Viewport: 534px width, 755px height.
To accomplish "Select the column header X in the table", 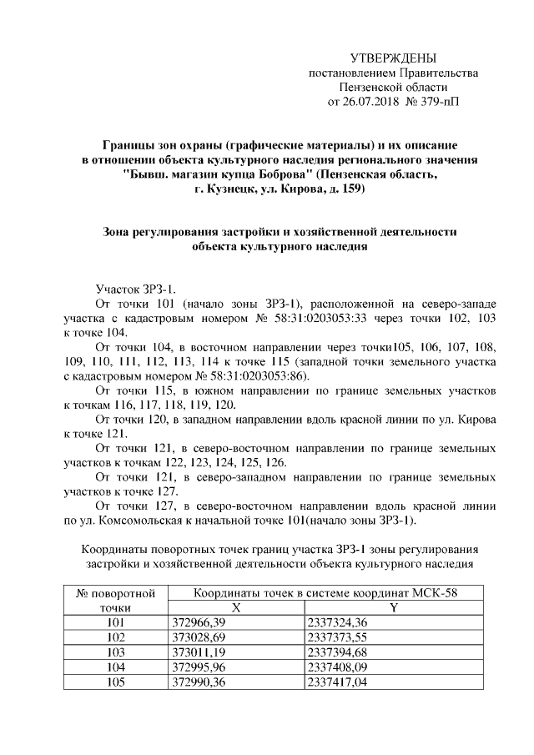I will (236, 608).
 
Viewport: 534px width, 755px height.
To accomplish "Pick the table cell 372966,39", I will (199, 623).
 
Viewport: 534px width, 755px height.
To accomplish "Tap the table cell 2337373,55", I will (338, 637).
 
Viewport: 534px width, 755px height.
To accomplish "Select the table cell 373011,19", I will (199, 652).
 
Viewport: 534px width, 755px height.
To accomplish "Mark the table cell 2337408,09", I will (338, 667).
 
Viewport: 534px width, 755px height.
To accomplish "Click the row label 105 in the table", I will (117, 682).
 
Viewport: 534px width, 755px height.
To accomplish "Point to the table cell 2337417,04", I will (338, 682).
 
